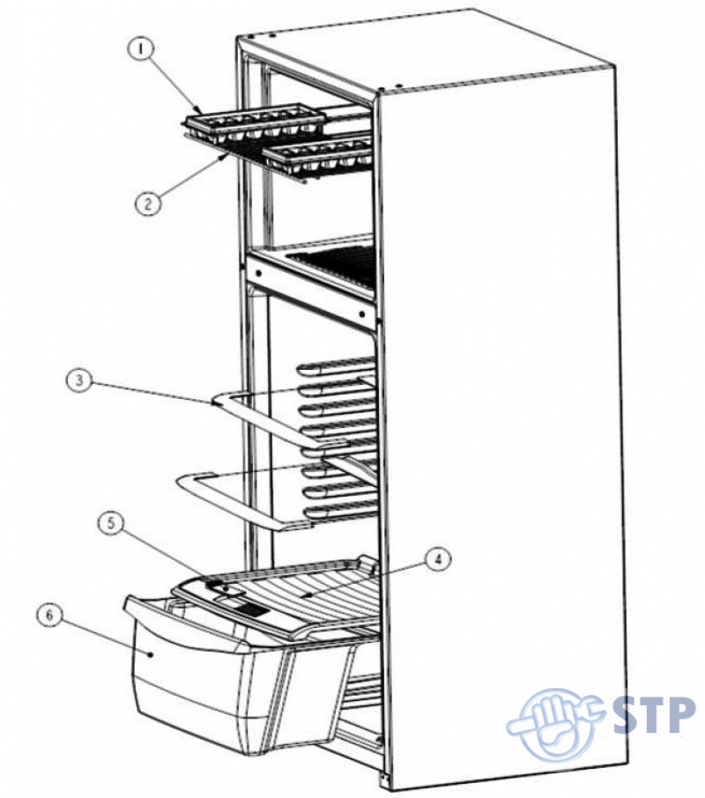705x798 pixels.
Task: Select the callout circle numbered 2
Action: [148, 204]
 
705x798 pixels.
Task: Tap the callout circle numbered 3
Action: [79, 381]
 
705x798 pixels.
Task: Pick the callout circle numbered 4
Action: [438, 560]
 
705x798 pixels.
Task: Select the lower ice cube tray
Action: [318, 155]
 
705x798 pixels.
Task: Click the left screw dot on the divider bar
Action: [259, 273]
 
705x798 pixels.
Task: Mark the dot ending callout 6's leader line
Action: [151, 654]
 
